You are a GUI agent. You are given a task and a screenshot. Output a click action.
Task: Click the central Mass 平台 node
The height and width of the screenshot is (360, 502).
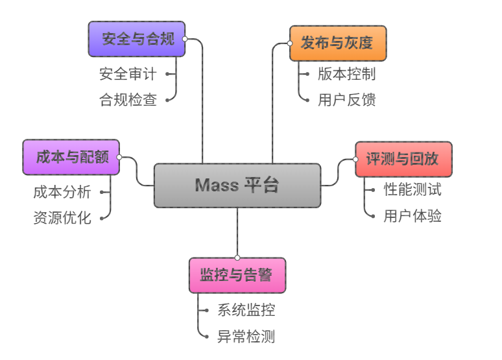[x=237, y=186]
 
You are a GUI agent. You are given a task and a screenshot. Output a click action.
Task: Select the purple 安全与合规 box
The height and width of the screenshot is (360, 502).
[x=137, y=39]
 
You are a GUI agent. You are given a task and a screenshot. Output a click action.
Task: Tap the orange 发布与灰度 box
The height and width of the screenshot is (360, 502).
[x=338, y=43]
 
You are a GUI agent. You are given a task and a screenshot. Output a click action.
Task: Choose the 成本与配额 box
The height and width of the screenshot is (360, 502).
[x=71, y=157]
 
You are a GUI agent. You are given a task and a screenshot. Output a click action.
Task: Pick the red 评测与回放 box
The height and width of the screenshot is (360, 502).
[x=403, y=159]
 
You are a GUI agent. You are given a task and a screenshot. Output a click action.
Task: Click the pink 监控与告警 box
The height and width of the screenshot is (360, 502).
[x=237, y=275]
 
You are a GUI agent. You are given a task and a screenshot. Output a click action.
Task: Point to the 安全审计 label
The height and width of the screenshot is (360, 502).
[x=128, y=74]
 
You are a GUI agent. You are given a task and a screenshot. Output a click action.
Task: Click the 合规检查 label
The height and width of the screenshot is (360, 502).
[x=128, y=100]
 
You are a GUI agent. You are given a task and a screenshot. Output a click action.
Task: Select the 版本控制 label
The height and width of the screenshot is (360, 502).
[x=347, y=74]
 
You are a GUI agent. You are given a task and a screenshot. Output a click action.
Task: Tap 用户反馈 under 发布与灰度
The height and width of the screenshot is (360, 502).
[x=347, y=100]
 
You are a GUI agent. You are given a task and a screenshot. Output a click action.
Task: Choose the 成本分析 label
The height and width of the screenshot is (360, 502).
[x=62, y=192]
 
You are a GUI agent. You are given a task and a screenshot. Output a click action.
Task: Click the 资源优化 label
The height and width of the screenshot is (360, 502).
[x=62, y=218]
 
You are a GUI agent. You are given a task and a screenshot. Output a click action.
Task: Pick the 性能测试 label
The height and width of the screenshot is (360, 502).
[x=412, y=190]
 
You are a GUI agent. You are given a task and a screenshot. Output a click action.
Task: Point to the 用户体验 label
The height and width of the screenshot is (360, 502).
[x=412, y=216]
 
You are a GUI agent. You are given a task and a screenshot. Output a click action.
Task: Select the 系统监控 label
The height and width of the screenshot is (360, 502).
[x=246, y=310]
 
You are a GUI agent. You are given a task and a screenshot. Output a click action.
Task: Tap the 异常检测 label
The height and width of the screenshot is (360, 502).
[x=246, y=336]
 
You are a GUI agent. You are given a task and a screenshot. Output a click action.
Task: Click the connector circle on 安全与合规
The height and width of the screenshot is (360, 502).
[x=185, y=39]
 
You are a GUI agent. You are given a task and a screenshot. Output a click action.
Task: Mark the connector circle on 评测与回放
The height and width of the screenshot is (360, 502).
[x=355, y=159]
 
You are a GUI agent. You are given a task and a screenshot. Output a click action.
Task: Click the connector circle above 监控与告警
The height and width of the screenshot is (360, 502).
[x=237, y=258]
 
